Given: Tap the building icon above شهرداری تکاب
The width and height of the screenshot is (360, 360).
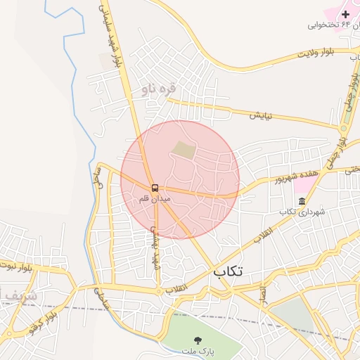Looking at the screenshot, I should tap(302, 202).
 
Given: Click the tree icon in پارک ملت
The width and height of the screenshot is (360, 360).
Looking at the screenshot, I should tap(207, 340).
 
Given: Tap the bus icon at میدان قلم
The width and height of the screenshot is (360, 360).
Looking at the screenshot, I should tap(155, 188).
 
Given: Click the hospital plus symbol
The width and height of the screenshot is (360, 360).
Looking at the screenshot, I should tap(345, 13).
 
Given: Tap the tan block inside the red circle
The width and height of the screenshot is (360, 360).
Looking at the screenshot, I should tap(184, 149).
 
